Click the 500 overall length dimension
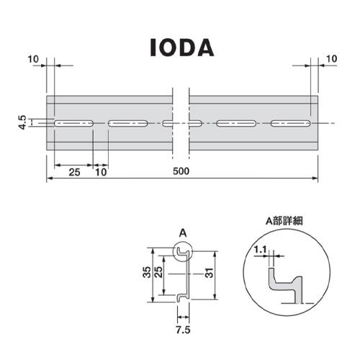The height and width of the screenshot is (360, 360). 182,171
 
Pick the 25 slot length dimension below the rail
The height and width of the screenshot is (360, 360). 73,171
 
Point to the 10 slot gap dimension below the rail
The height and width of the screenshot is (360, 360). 101,171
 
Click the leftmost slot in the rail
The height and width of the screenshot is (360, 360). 73,124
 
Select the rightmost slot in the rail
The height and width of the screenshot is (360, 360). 292,124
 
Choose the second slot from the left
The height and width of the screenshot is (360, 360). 129,124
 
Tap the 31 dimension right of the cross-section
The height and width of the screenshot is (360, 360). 209,273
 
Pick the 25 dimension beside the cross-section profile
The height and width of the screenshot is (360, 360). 166,273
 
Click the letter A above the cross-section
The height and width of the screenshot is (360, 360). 182,233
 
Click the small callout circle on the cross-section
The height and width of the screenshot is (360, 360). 183,251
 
